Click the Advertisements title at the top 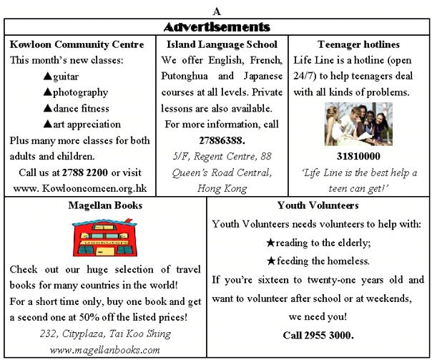pos(216,27)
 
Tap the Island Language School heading pos(222,44)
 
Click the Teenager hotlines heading pos(358,44)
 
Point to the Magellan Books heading pos(106,205)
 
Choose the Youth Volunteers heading pos(318,205)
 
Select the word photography pos(80,92)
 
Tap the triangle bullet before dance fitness pos(48,109)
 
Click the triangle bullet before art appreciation pos(48,125)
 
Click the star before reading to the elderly pos(270,242)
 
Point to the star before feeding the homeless pos(270,261)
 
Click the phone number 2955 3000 pos(318,334)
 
